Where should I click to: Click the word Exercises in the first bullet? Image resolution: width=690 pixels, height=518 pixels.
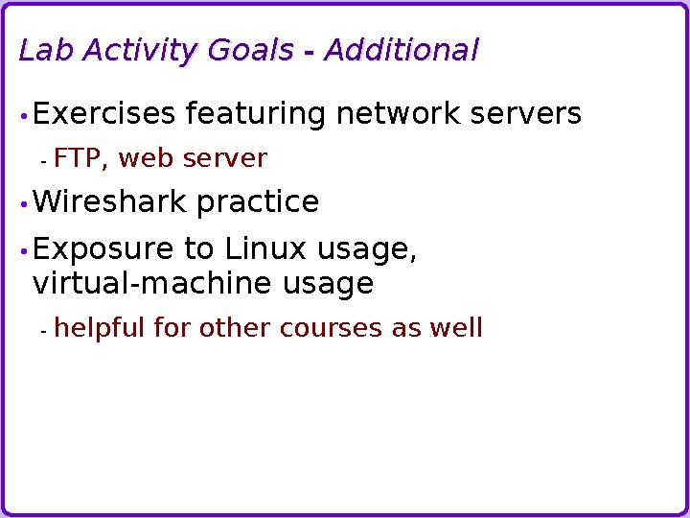tap(104, 114)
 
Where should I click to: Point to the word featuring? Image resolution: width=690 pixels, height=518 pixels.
tap(256, 114)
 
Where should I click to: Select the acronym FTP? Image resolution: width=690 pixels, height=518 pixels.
tap(81, 158)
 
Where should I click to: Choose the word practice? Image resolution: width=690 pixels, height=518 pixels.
tap(257, 202)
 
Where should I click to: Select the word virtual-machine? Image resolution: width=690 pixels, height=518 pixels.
tap(153, 284)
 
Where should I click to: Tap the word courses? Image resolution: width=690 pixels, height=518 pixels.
tap(331, 328)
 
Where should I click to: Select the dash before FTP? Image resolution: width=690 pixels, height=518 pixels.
tap(44, 160)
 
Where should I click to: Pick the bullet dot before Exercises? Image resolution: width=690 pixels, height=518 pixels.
tap(23, 116)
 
